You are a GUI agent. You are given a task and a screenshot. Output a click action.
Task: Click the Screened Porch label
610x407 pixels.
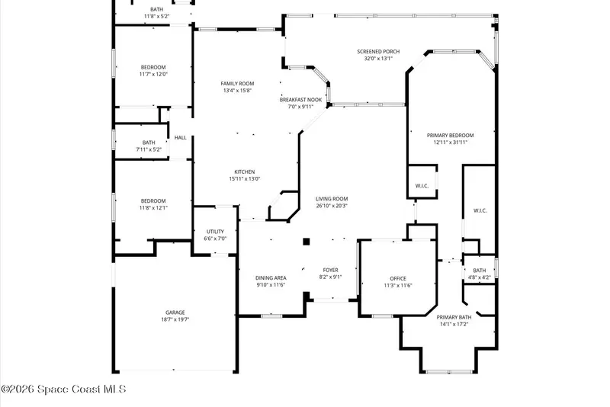378,51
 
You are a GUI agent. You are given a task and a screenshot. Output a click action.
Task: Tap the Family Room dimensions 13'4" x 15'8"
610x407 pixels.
237,91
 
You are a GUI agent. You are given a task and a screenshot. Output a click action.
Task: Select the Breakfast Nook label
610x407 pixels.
300,100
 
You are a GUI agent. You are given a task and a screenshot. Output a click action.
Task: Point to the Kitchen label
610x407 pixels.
244,171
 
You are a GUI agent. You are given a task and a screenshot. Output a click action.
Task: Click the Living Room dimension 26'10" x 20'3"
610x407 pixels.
332,206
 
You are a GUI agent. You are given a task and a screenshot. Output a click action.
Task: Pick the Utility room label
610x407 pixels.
215,231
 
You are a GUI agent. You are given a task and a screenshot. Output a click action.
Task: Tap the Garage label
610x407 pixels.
175,312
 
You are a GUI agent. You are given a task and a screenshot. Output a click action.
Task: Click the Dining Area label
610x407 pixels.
271,278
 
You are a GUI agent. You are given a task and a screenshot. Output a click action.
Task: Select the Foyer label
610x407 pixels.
331,270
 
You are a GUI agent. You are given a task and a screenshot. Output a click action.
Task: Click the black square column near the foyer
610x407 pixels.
307,242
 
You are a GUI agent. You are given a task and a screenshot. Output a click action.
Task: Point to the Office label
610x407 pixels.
398,278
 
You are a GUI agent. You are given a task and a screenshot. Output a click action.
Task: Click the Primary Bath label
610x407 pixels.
454,317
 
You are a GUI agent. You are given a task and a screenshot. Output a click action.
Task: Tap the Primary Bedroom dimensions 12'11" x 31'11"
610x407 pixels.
450,143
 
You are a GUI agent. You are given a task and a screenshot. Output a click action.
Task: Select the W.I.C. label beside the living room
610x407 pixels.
422,186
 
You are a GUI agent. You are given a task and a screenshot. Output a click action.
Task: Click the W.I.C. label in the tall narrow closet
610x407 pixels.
480,210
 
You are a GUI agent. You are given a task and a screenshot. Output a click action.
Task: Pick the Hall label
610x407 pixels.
180,138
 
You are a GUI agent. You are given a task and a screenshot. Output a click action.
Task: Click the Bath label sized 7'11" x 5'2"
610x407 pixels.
149,143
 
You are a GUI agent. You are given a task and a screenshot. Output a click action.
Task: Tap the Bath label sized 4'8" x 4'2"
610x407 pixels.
480,271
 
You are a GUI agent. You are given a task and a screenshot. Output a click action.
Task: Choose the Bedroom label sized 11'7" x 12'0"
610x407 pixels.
153,67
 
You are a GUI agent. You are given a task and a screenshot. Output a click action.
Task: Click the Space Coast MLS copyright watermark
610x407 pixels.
63,389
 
